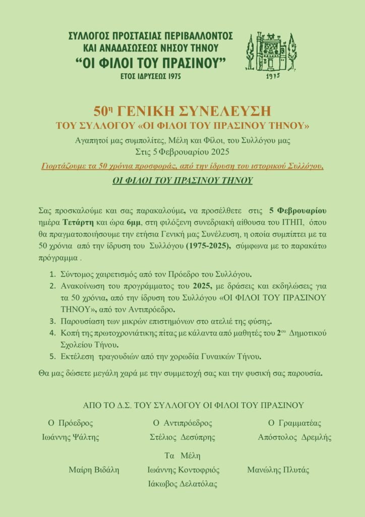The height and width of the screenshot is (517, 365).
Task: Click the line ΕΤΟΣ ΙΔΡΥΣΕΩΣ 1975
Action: (151, 76)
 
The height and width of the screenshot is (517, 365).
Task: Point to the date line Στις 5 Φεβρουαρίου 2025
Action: (182, 150)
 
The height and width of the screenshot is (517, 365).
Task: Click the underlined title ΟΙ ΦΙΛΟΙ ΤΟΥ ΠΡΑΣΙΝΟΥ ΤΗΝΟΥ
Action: (182, 180)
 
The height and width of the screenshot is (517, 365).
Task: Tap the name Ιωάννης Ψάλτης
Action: (70, 437)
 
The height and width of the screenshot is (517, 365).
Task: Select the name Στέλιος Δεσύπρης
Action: (182, 437)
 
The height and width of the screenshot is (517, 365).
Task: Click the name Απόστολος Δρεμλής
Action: (294, 437)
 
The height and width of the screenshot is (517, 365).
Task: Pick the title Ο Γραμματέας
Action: (294, 423)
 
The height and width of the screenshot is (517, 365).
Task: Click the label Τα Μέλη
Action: (182, 455)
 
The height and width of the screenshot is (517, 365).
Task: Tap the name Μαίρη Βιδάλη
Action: (94, 470)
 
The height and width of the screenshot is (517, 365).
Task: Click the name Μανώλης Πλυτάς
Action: (278, 470)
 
